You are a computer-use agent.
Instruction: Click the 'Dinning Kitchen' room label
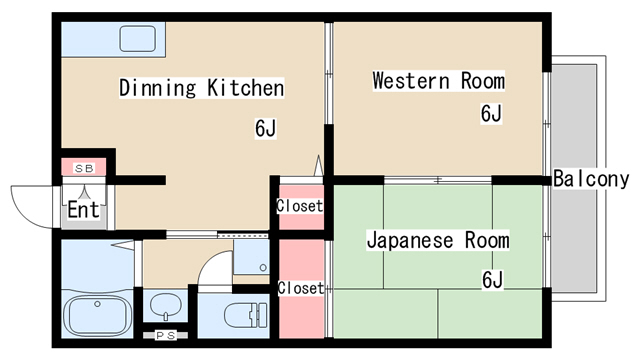(x=202, y=88)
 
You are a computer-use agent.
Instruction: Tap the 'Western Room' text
(x=438, y=81)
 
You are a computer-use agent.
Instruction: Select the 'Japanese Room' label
(x=437, y=241)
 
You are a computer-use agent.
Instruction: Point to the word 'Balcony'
(x=591, y=179)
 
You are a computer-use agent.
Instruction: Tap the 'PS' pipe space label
(x=163, y=336)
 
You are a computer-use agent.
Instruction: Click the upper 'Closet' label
(x=300, y=207)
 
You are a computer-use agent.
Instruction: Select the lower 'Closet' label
(x=300, y=288)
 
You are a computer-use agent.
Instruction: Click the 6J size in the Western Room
(x=491, y=113)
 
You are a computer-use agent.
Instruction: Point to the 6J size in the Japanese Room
(x=491, y=280)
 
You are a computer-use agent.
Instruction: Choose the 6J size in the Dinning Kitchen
(x=265, y=128)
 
